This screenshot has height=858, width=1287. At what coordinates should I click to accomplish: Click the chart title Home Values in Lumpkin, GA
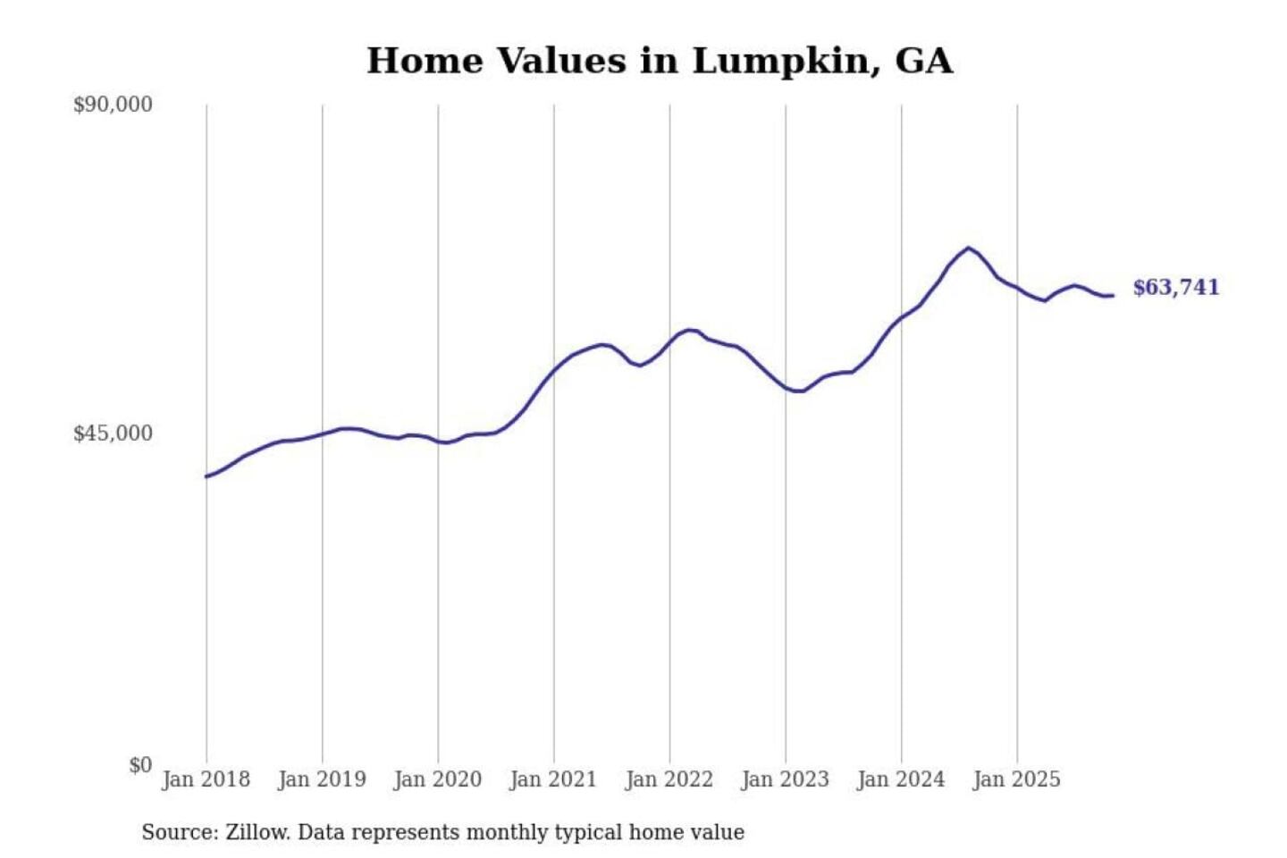click(660, 61)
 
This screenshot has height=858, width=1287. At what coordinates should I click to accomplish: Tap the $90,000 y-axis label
click(113, 105)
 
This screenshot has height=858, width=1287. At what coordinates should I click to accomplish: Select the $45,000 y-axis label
click(113, 433)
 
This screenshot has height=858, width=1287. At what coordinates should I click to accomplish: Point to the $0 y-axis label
click(140, 765)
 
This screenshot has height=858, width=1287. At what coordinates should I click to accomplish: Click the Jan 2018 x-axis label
click(206, 779)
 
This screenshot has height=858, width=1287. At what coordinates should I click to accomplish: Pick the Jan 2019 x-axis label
click(322, 779)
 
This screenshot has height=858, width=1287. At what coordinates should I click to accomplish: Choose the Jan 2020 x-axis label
click(437, 779)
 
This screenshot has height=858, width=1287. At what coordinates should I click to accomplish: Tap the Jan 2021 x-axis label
click(553, 779)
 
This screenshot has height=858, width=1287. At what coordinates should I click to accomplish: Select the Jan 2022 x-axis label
click(669, 779)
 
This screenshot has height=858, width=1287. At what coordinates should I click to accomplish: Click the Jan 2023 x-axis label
click(785, 779)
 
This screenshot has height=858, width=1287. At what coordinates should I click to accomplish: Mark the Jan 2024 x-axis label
click(901, 779)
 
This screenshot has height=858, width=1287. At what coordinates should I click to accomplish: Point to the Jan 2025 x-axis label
click(1016, 779)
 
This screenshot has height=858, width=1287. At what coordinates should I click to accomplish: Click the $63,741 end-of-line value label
click(1175, 287)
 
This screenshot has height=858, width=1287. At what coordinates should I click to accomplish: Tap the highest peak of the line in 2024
click(968, 248)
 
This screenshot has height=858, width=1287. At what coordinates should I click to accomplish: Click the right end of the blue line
click(1113, 296)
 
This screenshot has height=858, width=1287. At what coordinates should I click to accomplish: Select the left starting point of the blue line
click(206, 476)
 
